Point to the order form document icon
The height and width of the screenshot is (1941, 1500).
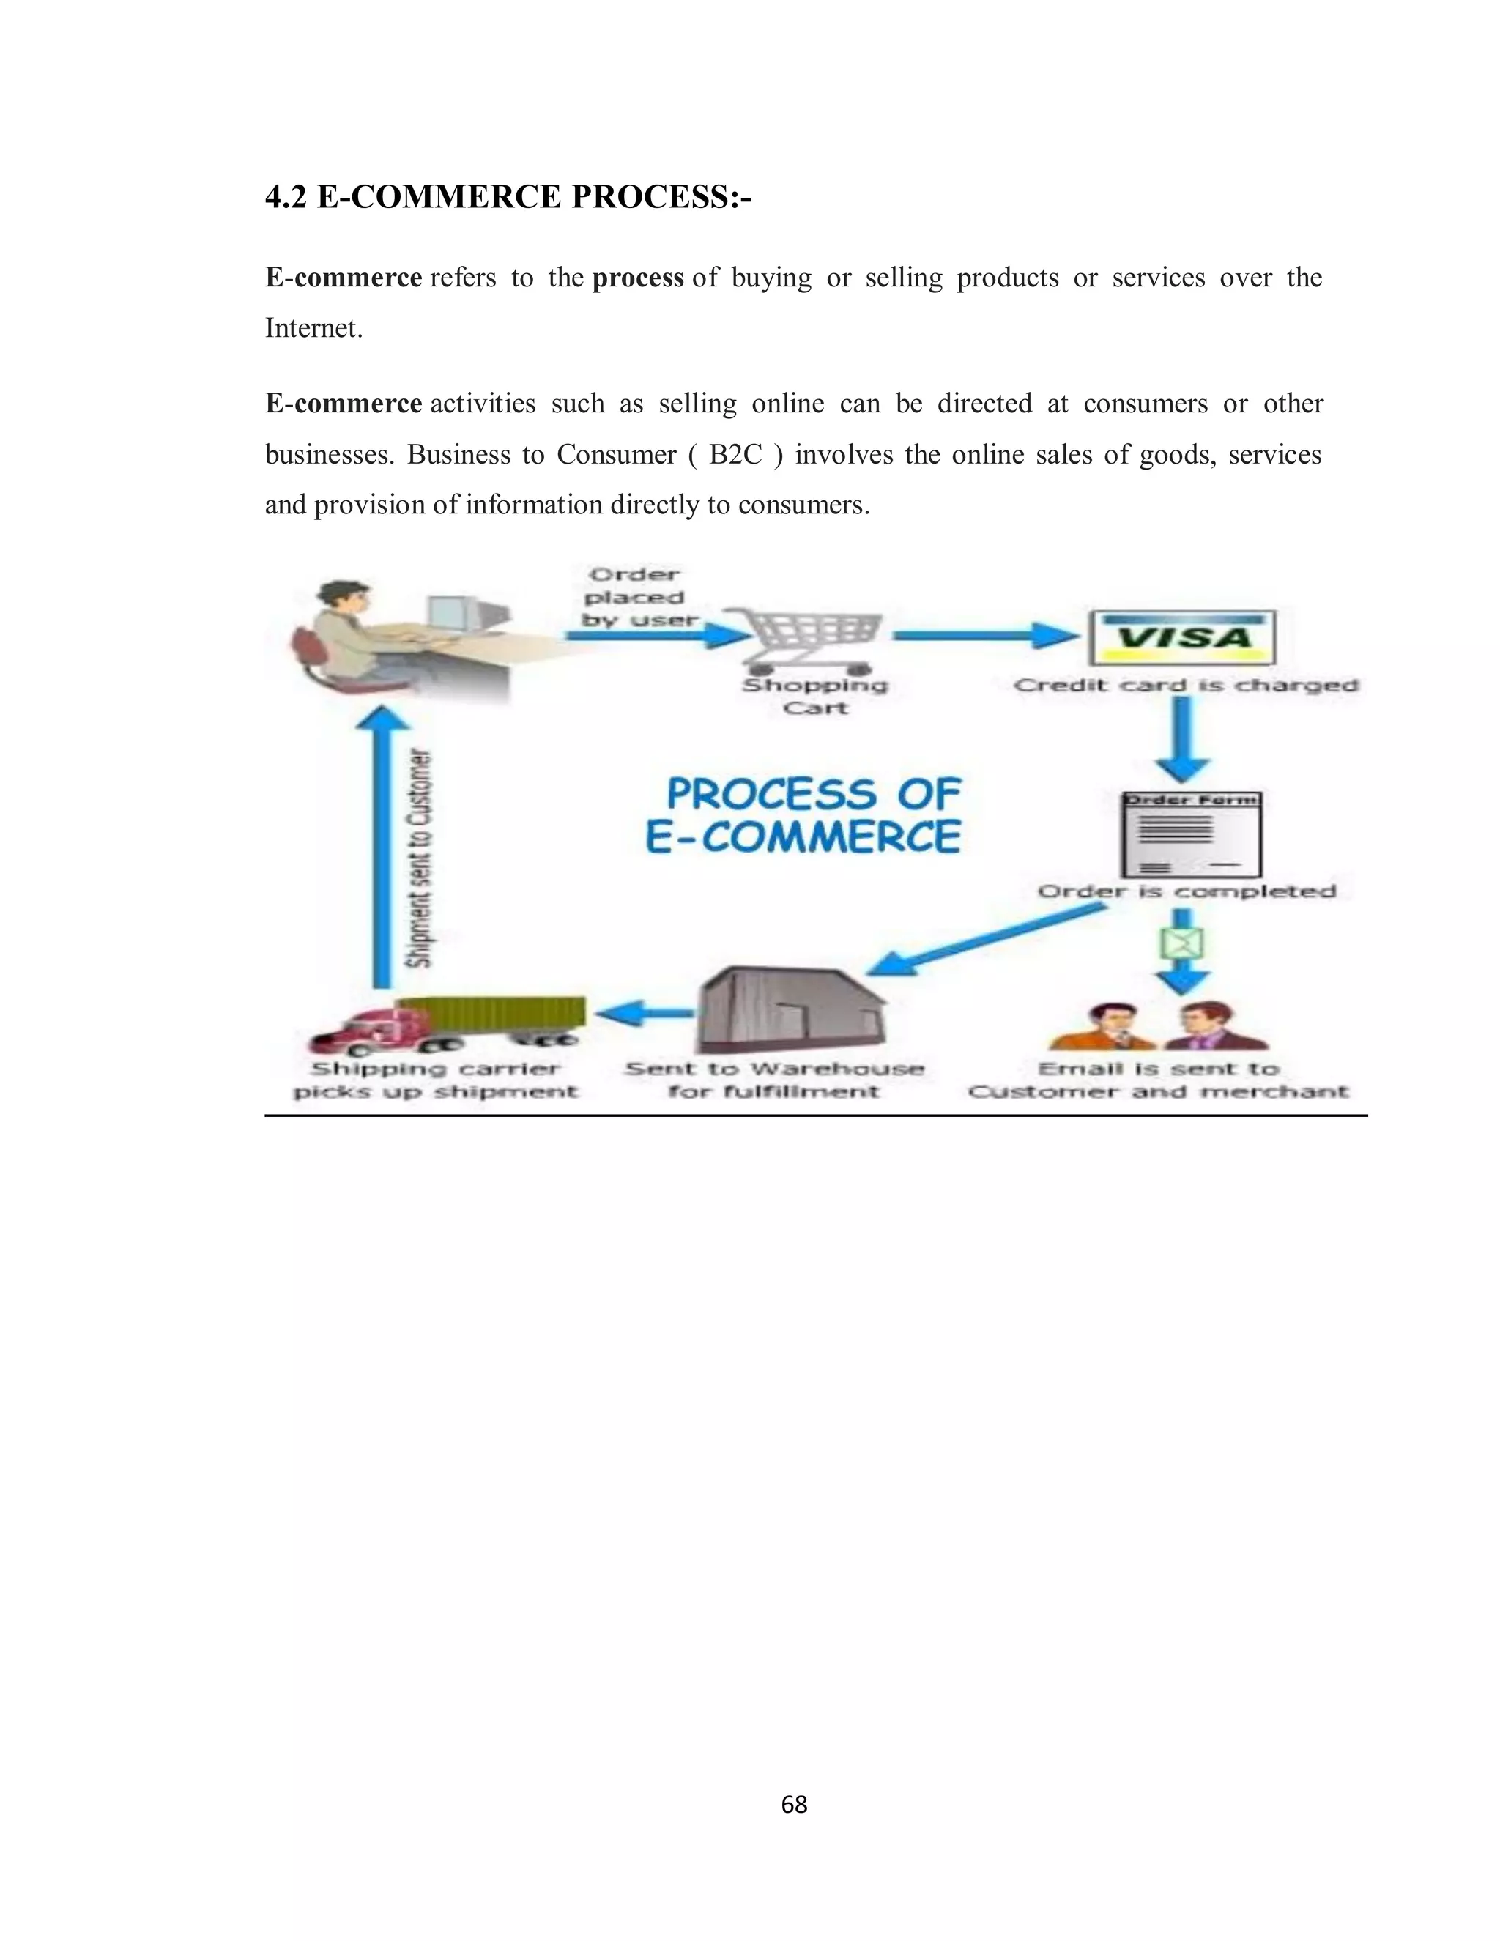[1191, 834]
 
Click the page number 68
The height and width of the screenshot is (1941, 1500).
[793, 1804]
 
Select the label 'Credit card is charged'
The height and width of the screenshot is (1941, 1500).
[1187, 686]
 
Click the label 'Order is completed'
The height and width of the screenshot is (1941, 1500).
[1187, 891]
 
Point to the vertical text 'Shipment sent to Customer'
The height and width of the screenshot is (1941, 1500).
[420, 858]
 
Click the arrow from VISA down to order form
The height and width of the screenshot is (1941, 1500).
[1184, 738]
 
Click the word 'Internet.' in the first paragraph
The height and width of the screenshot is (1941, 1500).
[313, 329]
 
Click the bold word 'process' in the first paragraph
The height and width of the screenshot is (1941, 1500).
[637, 278]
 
